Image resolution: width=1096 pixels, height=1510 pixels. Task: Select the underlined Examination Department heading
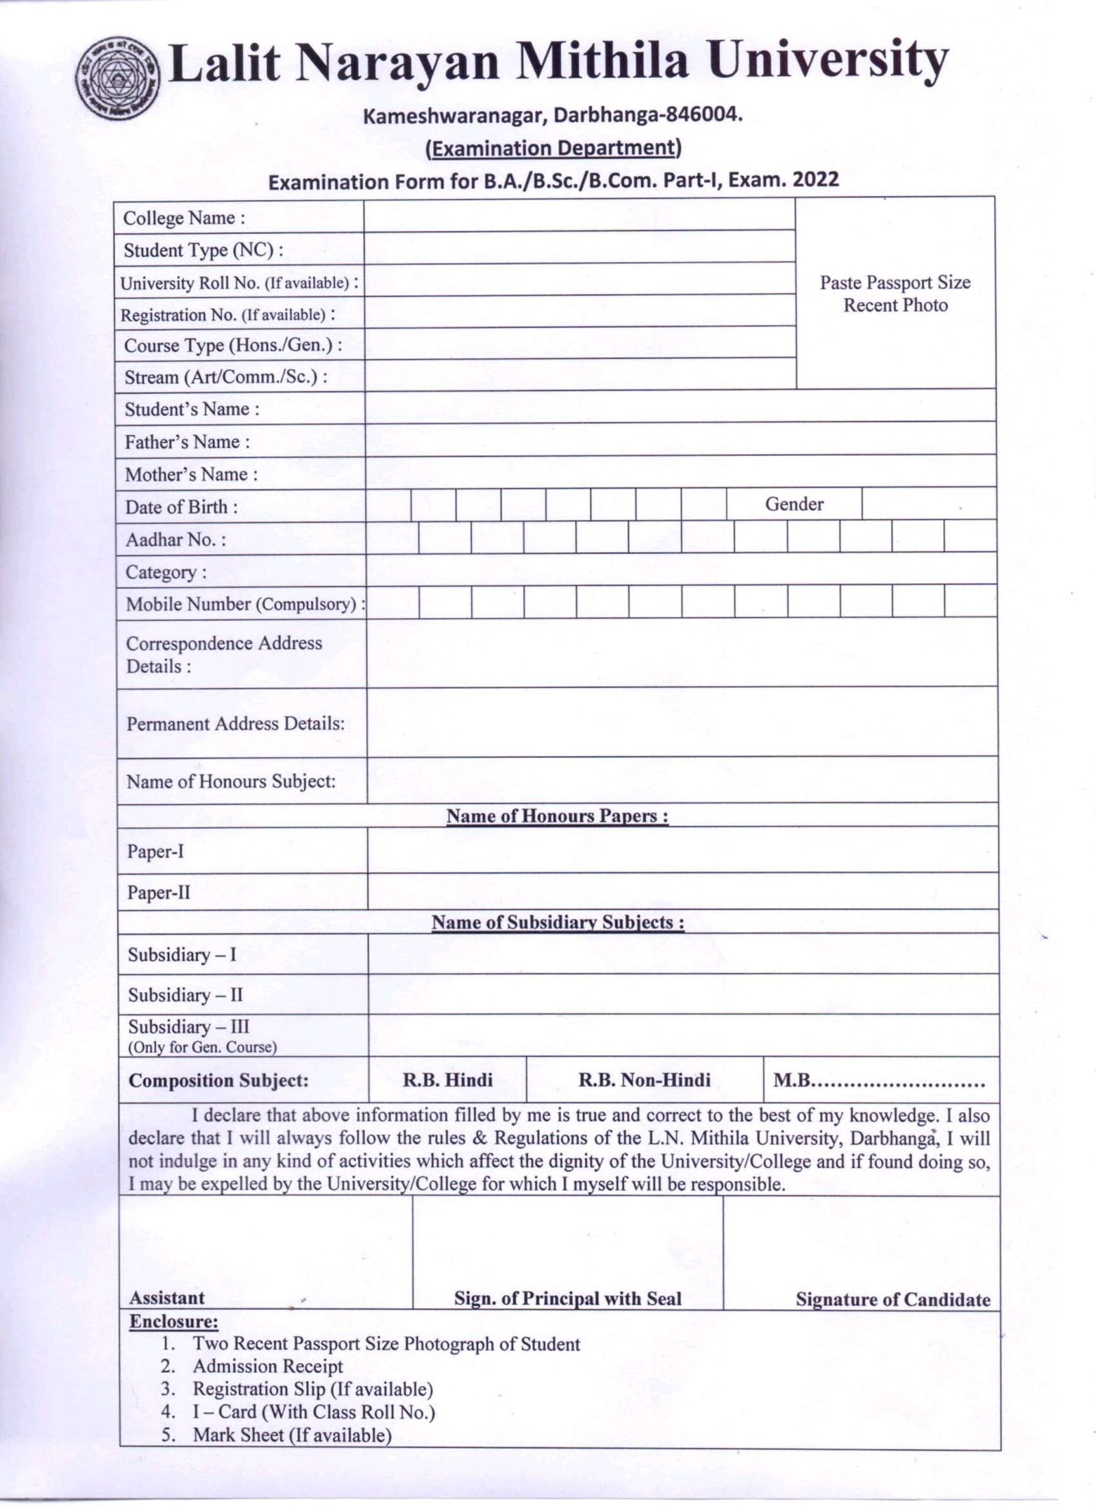point(553,148)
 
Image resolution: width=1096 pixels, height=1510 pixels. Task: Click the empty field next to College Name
point(579,216)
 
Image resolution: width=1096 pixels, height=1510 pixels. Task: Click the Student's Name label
point(192,410)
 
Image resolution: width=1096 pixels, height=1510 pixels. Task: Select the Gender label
point(794,504)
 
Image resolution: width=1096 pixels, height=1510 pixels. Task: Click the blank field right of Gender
point(928,504)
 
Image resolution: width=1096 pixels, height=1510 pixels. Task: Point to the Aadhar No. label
point(175,540)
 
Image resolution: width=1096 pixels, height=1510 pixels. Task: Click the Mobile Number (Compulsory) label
point(241,604)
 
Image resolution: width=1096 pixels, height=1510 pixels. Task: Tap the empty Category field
point(681,570)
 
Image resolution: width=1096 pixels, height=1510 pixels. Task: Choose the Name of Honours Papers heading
point(557,816)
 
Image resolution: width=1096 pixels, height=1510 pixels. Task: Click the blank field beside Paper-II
point(682,892)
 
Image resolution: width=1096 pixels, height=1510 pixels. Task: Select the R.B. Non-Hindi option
point(645,1081)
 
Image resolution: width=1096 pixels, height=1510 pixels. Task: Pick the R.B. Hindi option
point(447,1081)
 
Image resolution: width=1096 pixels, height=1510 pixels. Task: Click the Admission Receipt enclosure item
point(268,1366)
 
